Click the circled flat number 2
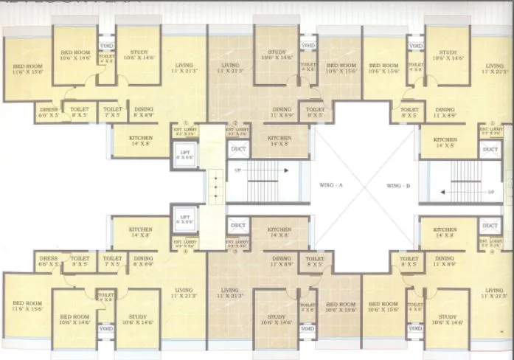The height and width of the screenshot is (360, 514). (x=235, y=123)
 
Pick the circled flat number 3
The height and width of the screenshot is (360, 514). (x=235, y=251)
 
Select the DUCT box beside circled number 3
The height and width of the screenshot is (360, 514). (x=238, y=226)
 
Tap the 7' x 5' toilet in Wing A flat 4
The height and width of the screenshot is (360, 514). (x=112, y=261)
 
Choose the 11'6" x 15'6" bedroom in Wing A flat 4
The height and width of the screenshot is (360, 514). (x=27, y=307)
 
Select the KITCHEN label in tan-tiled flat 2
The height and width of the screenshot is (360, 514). (x=279, y=140)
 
